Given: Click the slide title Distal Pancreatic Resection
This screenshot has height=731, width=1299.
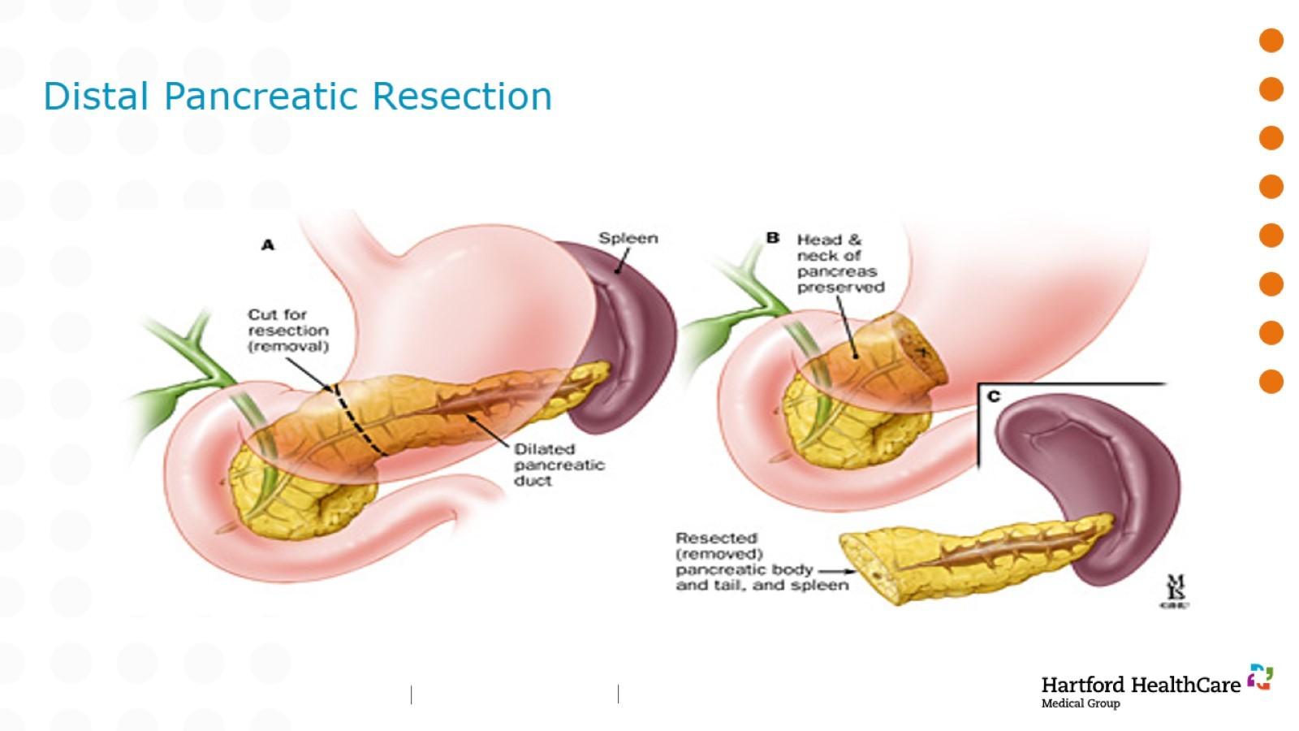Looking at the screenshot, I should point(297,96).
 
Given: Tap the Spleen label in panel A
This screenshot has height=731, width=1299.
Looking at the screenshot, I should point(628,238).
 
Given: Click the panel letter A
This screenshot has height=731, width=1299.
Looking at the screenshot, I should point(268,244).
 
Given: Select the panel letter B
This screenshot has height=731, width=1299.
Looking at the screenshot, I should point(772,238).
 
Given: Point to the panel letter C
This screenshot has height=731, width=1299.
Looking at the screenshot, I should point(994,396).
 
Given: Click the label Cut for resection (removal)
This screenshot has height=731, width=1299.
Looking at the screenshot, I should point(288,330).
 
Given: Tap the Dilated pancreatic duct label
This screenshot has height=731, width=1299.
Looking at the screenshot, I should point(559,465).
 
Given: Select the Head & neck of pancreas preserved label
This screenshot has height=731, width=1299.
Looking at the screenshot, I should point(839,263).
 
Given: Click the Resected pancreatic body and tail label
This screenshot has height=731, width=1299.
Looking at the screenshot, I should point(762,561).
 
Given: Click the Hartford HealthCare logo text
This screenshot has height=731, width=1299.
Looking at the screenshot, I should point(1140,685).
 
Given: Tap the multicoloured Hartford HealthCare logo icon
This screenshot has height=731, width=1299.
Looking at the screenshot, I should point(1260,677).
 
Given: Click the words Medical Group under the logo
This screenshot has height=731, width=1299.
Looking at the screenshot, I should point(1080,703).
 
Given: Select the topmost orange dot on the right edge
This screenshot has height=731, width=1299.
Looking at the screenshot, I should point(1271,41).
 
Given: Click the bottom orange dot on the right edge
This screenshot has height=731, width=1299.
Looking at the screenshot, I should point(1271,382).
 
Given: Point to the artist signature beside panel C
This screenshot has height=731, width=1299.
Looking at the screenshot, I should point(1175,591).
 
